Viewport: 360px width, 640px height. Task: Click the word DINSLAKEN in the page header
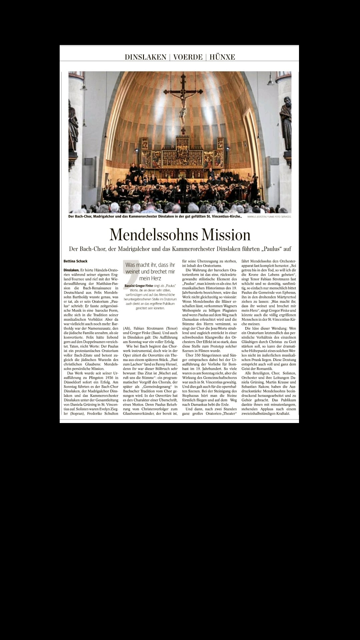tap(145, 57)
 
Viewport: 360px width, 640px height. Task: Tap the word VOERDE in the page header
tap(188, 57)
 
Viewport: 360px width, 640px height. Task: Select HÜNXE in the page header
tap(222, 57)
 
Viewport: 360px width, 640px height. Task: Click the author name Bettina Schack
tap(75, 261)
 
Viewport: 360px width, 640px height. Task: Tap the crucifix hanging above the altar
tap(182, 103)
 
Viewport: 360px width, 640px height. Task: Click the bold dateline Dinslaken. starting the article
tap(71, 270)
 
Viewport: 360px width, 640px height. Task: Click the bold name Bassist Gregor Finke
tap(138, 286)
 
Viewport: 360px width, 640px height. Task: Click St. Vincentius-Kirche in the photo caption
tap(222, 216)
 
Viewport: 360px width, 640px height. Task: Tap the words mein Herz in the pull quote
tap(150, 278)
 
